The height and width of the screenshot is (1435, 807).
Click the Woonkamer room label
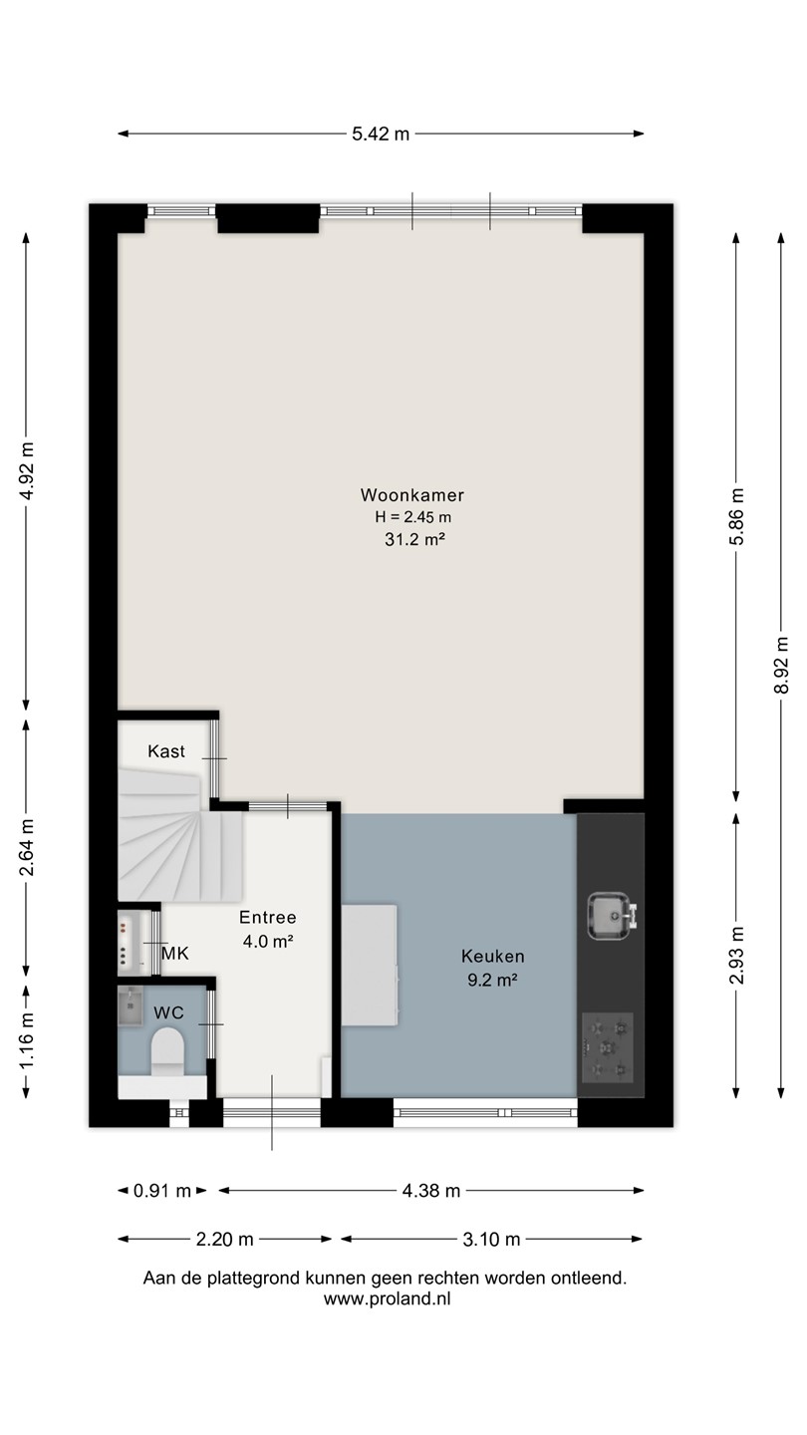pos(411,495)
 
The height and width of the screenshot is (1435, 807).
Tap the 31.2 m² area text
pos(414,539)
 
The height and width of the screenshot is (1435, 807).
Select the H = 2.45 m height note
pos(413,517)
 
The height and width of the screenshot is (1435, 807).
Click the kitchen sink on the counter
pos(612,916)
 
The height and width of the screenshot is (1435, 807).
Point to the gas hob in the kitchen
pos(607,1048)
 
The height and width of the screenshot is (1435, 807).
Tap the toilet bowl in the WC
pos(167,1049)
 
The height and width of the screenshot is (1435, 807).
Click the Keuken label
pos(492,957)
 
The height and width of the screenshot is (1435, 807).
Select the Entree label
pos(268,918)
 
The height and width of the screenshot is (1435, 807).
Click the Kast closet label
pos(165,751)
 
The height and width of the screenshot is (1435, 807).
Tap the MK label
pos(175,954)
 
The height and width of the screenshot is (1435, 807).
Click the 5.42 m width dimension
pos(381,134)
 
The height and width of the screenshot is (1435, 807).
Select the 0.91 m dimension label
pos(162,1191)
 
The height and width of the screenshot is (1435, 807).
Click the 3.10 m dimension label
pos(491,1240)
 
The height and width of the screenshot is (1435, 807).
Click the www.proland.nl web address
pos(387,1299)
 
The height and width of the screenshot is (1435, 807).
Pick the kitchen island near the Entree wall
pos(369,966)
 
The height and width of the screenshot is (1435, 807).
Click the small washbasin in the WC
pos(131,1006)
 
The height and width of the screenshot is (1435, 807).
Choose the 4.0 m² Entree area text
pos(268,941)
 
